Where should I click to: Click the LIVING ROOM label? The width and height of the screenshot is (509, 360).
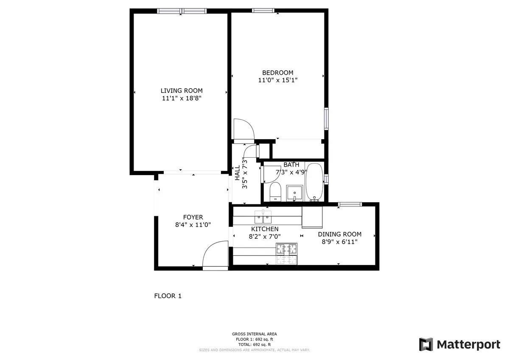181,90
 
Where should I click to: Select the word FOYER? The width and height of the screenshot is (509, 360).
193,217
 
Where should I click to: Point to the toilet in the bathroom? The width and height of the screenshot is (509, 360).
276,192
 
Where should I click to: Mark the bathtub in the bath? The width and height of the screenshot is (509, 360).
314,182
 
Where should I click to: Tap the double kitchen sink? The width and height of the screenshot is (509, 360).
263,218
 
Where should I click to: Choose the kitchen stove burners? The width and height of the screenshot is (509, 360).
287,254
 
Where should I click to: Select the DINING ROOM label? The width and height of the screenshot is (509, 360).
340,234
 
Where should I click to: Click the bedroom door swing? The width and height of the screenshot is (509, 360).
243,129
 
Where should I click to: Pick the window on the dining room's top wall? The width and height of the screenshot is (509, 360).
350,205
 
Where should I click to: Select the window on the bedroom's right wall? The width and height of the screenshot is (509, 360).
326,119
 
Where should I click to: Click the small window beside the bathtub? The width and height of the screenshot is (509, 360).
326,179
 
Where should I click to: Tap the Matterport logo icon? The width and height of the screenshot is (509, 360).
426,344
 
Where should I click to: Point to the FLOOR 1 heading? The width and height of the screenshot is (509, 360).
168,296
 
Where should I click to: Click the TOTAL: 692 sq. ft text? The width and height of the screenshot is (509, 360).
255,345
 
